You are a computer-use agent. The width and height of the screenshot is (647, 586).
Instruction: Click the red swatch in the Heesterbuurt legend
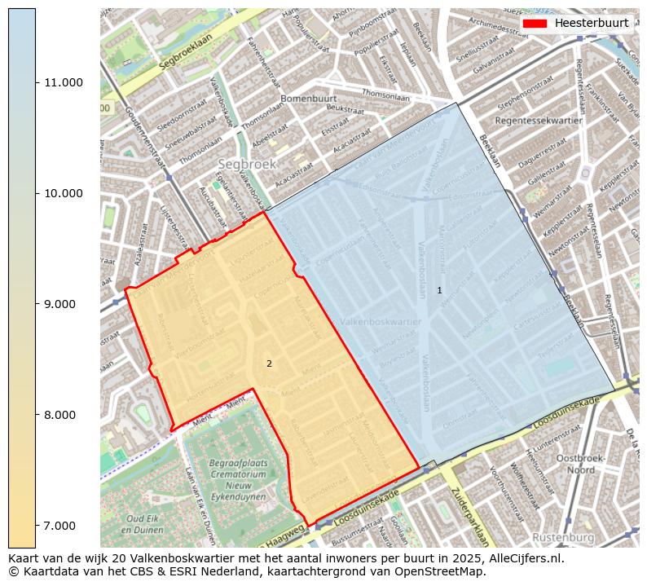click(x=535, y=23)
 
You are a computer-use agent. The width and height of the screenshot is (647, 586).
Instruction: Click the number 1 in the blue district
click(x=439, y=290)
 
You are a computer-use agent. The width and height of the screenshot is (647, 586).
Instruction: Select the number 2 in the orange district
click(x=269, y=363)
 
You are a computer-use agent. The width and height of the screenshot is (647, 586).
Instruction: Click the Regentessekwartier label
click(x=539, y=121)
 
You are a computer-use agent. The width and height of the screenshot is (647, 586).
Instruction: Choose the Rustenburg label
click(x=562, y=538)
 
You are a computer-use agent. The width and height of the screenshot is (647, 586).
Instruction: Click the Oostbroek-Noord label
click(x=580, y=464)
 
